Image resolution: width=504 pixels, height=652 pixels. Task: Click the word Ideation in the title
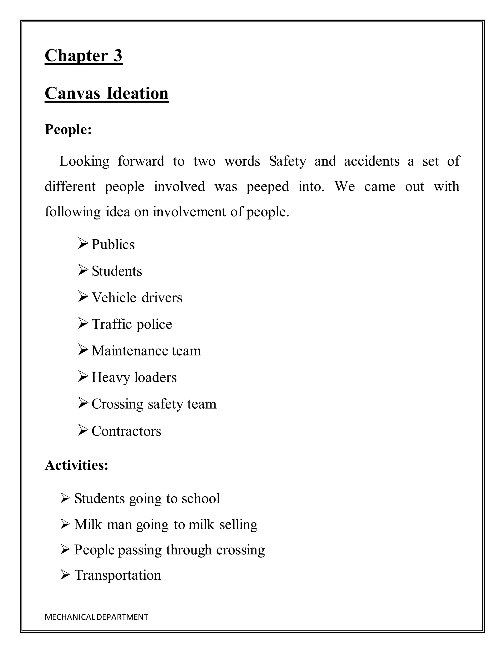(x=137, y=93)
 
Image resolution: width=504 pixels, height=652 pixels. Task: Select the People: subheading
(x=68, y=129)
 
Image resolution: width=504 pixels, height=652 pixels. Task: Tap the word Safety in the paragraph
(x=287, y=161)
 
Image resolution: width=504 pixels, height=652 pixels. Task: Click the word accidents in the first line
(x=371, y=161)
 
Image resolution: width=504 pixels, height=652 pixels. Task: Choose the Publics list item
(x=113, y=245)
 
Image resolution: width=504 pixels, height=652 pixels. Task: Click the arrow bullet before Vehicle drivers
(x=83, y=296)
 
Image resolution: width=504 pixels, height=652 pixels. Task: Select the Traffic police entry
(x=132, y=324)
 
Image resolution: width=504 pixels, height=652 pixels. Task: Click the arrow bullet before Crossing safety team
(x=83, y=403)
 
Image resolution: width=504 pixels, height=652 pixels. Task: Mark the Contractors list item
(x=126, y=431)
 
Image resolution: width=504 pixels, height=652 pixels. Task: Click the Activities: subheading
(x=77, y=465)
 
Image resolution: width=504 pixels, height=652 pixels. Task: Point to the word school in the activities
(x=201, y=498)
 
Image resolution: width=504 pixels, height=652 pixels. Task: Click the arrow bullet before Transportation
(x=65, y=575)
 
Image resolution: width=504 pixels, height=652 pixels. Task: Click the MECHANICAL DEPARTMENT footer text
(x=96, y=617)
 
